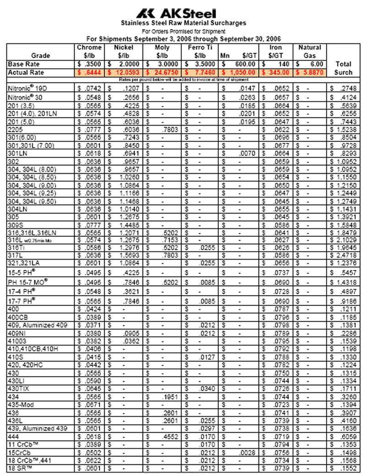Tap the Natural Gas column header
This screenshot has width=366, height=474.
[310, 51]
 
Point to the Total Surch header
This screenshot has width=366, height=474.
[343, 68]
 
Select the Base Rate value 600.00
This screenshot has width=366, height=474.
[242, 64]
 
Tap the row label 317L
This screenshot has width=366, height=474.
[15, 255]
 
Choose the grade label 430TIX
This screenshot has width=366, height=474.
[18, 388]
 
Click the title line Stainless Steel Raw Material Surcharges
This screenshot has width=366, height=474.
[183, 23]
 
